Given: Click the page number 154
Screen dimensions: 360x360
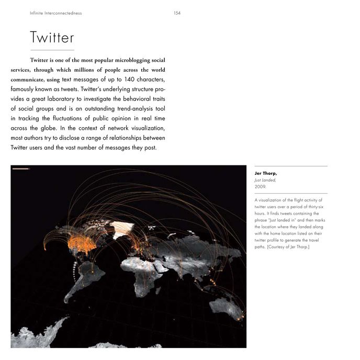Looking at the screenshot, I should [177, 13].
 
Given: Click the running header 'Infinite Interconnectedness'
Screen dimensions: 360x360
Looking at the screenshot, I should [56, 13].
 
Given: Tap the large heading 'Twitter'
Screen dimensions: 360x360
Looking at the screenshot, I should [52, 38].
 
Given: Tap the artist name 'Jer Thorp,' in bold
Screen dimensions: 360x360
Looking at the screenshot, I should [266, 173].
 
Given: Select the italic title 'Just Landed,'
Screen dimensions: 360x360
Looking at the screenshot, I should [265, 179].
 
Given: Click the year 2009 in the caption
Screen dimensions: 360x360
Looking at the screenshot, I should [260, 186].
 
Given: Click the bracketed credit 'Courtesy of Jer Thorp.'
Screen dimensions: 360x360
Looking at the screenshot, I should [288, 247].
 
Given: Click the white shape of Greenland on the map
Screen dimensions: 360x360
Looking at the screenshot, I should [123, 228].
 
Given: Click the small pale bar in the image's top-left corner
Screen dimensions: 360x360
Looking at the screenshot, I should [21, 169].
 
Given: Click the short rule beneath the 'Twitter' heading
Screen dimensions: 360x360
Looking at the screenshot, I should [52, 50].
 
